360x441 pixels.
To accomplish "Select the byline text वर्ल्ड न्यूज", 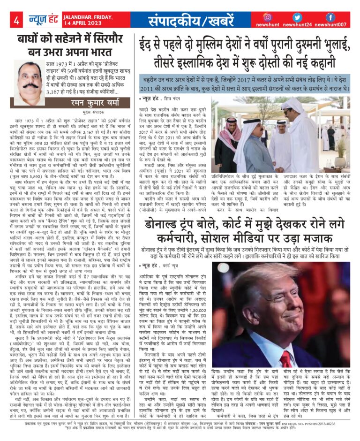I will (x=174, y=253).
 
